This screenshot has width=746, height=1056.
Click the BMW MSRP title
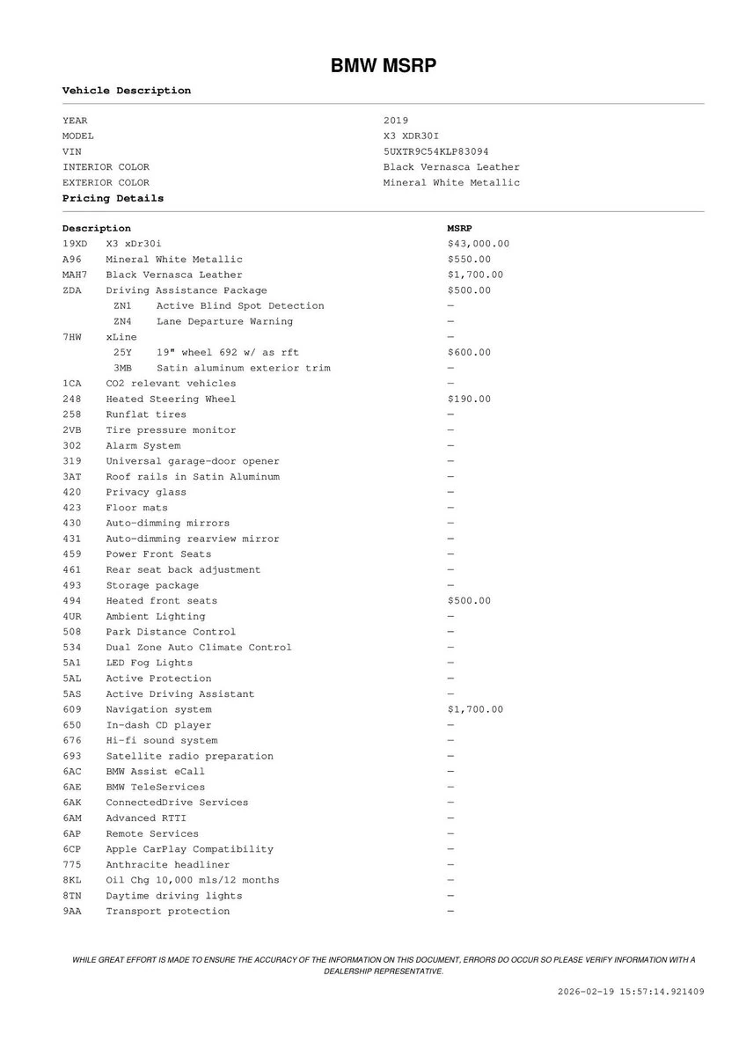tap(383, 67)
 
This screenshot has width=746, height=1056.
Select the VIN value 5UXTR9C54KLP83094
tap(436, 151)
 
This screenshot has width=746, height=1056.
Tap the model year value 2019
tap(396, 121)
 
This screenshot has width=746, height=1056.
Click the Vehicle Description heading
tap(126, 91)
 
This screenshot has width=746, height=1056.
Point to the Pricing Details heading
tap(113, 199)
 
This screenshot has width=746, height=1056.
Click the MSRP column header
tap(459, 229)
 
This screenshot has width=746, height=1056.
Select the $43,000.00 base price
tap(478, 244)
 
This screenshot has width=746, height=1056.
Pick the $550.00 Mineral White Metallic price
tap(469, 260)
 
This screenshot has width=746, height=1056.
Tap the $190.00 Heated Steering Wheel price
tap(469, 400)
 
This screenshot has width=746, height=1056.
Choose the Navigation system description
tap(158, 710)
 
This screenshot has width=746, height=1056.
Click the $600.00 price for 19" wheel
tap(469, 353)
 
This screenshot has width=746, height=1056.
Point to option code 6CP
tap(71, 850)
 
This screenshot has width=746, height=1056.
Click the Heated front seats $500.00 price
tap(469, 601)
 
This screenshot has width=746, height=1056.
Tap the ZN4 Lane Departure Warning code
tap(122, 322)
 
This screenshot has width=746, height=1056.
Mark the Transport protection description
tap(167, 912)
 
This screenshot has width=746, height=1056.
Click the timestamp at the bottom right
tap(631, 992)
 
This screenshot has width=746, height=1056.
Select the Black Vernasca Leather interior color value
tap(451, 167)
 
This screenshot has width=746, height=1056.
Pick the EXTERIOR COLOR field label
tap(106, 183)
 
